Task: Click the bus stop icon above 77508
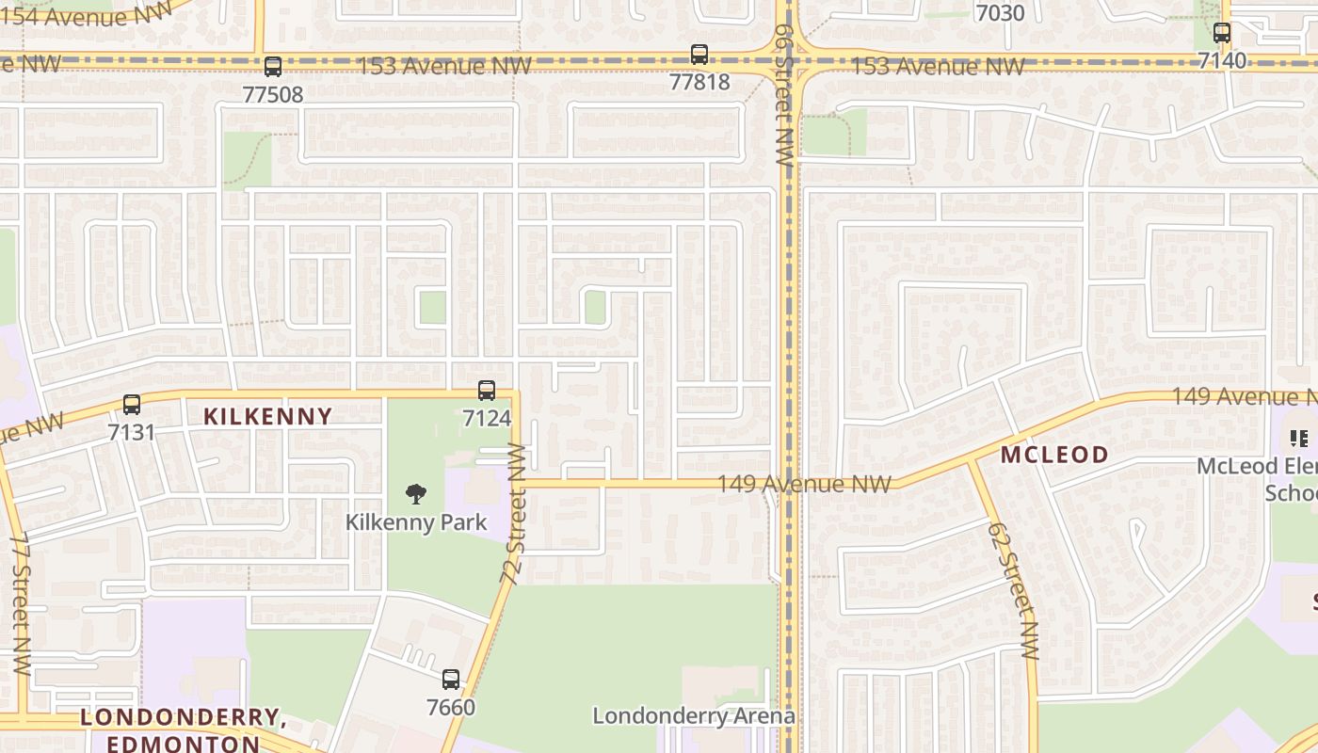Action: [273, 67]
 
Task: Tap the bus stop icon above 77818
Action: [699, 55]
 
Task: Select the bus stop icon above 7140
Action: [1222, 33]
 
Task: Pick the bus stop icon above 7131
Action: [132, 405]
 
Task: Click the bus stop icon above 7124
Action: [487, 390]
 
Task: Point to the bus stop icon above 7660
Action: [451, 679]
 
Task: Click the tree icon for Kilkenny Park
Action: [415, 494]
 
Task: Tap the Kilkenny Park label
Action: [416, 521]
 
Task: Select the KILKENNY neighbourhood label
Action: [268, 416]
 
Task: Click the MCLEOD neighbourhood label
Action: [1054, 456]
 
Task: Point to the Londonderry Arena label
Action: [694, 716]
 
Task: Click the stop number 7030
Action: [1000, 13]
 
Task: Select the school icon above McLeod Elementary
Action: [1300, 438]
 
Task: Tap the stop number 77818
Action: [699, 82]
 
